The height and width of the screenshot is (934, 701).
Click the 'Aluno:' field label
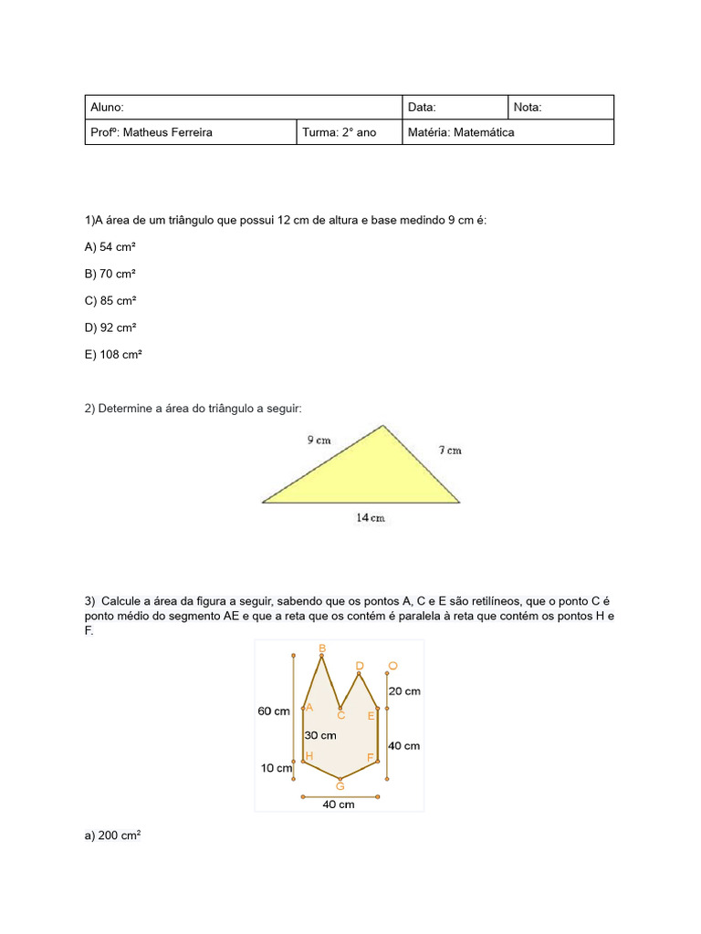click(x=107, y=108)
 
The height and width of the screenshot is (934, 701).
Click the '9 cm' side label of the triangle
click(x=319, y=440)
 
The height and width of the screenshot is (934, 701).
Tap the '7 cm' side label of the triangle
click(x=449, y=450)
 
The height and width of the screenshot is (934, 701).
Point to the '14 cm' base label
click(x=370, y=518)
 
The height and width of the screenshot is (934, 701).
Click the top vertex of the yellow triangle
click(x=382, y=425)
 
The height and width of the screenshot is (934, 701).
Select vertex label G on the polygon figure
click(x=340, y=786)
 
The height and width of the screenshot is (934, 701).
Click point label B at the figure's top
click(x=321, y=649)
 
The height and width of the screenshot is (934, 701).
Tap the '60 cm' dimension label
click(x=273, y=711)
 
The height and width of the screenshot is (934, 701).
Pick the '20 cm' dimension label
click(x=404, y=691)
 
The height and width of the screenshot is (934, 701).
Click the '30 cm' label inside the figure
click(x=319, y=735)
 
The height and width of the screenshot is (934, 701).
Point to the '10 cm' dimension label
click(x=277, y=768)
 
